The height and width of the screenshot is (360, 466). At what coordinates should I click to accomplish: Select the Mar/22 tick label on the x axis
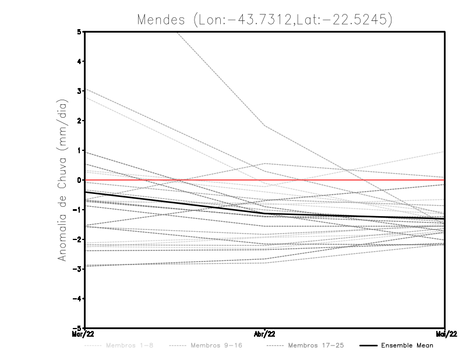pyautogui.click(x=84, y=334)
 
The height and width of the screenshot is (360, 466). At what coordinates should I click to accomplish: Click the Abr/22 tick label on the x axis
pyautogui.click(x=265, y=334)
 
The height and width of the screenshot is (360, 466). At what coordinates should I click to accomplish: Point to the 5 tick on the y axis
pyautogui.click(x=79, y=31)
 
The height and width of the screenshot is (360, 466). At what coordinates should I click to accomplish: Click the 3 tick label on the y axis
pyautogui.click(x=79, y=91)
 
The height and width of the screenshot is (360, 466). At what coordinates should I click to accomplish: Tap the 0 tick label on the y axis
pyautogui.click(x=79, y=180)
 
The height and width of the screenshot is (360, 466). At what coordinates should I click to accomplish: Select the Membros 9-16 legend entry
pyautogui.click(x=216, y=345)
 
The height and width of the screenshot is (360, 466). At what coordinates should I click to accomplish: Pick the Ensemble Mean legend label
pyautogui.click(x=407, y=345)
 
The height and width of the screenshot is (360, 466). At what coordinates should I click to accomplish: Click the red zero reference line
pyautogui.click(x=349, y=180)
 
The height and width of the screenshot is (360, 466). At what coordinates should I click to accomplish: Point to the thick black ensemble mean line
pyautogui.click(x=175, y=204)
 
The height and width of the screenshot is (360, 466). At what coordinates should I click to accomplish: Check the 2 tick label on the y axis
pyautogui.click(x=79, y=121)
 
